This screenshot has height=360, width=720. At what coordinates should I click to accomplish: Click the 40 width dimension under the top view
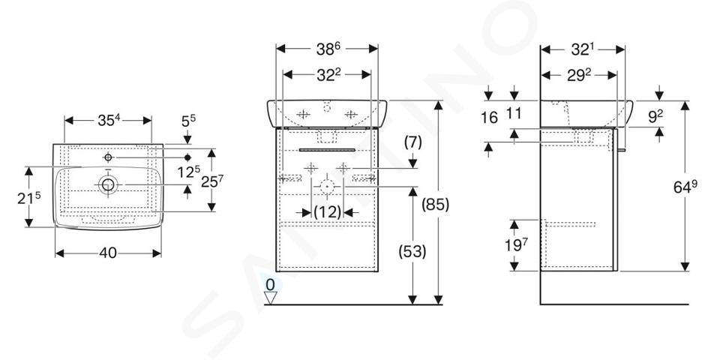tap(108, 253)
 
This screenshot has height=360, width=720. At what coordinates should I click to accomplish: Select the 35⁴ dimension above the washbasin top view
tap(109, 120)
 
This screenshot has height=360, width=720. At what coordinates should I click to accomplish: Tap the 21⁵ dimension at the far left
tap(29, 198)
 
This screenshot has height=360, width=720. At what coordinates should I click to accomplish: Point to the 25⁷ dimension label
tap(211, 181)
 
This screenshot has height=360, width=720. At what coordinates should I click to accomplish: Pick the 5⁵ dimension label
tap(188, 121)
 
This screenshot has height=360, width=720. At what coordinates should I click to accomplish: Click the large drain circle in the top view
tap(108, 184)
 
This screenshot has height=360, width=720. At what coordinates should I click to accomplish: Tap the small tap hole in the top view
tap(108, 157)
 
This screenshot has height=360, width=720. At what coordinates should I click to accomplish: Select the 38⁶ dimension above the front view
tap(328, 49)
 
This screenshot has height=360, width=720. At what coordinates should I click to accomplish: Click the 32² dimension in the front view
tap(328, 75)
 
